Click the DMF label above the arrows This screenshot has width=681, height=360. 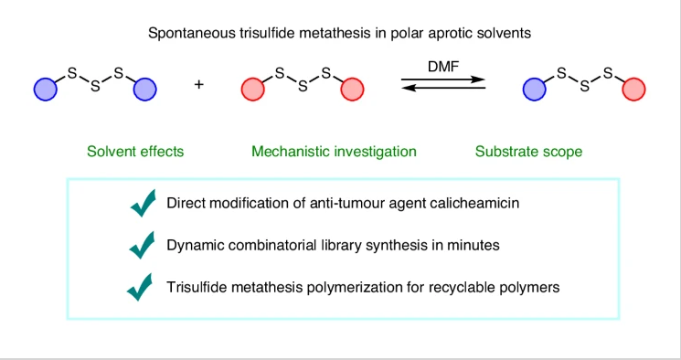[x=443, y=67]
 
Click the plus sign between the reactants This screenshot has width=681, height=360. [x=199, y=84]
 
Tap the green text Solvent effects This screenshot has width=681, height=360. [x=135, y=152]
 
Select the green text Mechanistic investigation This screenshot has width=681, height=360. [x=334, y=152]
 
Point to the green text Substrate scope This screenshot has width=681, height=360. [x=528, y=152]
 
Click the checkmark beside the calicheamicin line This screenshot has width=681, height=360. [x=144, y=203]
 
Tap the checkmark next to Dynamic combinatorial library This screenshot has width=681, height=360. [x=142, y=245]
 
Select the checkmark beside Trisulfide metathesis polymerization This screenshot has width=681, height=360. [x=140, y=287]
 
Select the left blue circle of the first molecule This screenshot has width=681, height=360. [x=46, y=90]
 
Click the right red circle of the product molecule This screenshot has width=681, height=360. [x=633, y=90]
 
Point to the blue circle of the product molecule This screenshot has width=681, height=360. [x=535, y=90]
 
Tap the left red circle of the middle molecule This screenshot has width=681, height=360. [x=253, y=90]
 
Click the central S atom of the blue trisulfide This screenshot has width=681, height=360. [x=95, y=87]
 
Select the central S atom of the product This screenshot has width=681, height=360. [x=585, y=87]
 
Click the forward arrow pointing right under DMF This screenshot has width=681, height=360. [x=443, y=79]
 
